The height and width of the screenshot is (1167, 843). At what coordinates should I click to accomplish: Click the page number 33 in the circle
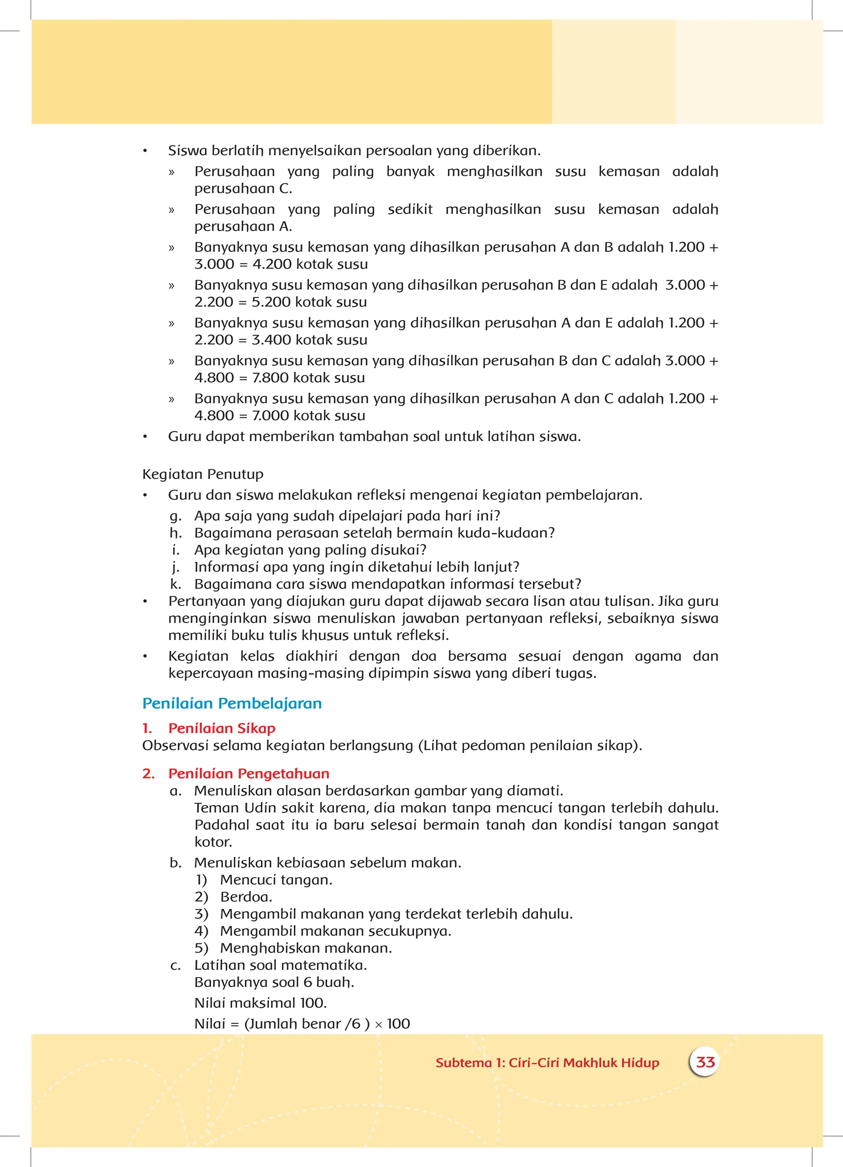(705, 1062)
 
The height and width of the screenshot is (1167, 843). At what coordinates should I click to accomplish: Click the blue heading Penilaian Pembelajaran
(232, 703)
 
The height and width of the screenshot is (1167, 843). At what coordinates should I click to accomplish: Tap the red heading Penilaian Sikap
(221, 728)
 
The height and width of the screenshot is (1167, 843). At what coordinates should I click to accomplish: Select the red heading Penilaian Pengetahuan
(249, 773)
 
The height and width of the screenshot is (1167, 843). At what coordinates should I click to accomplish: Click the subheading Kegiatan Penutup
(203, 474)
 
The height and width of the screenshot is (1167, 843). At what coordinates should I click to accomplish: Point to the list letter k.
(175, 584)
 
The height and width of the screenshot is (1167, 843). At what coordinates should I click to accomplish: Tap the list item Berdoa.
(246, 897)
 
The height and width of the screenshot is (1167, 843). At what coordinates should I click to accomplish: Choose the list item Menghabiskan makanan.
(306, 948)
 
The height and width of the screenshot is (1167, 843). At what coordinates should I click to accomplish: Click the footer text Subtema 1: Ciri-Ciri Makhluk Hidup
(547, 1062)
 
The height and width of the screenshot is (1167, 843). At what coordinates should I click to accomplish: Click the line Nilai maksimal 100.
(261, 1003)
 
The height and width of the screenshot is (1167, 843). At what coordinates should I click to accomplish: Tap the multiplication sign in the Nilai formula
(378, 1025)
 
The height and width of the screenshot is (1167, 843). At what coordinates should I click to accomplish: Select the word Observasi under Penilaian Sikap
(175, 745)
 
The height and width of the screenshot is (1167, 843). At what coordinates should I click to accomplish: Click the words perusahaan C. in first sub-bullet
(243, 189)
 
